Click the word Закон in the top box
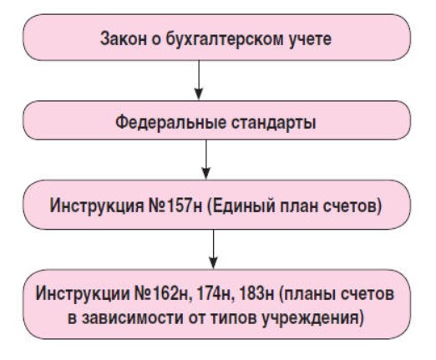click(x=124, y=38)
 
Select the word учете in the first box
click(x=310, y=40)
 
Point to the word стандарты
click(x=274, y=123)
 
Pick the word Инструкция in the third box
click(x=97, y=206)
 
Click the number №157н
click(x=175, y=205)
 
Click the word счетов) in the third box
click(x=352, y=206)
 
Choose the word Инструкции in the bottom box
click(x=83, y=293)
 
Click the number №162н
click(x=163, y=293)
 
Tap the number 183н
click(x=256, y=293)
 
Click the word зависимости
click(x=133, y=318)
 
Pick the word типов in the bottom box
click(x=233, y=318)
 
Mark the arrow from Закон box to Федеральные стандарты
click(x=199, y=80)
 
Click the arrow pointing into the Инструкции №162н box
click(x=213, y=249)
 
